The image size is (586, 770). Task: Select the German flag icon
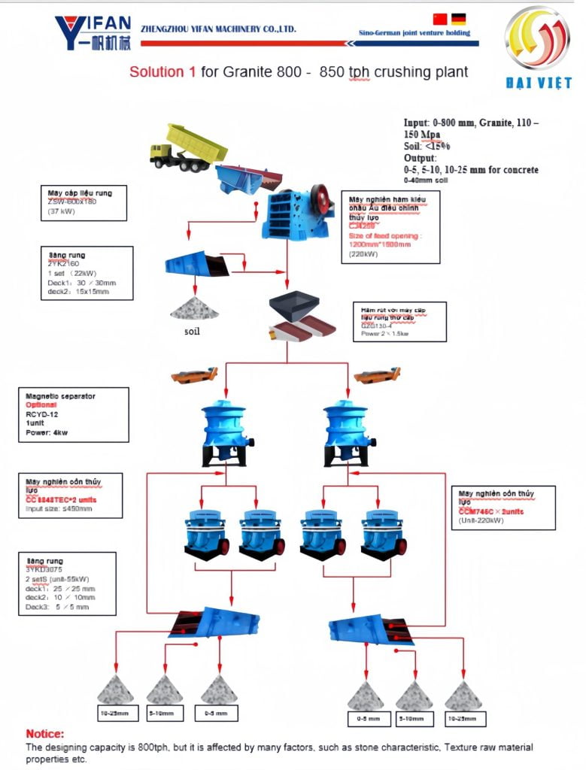tap(457, 20)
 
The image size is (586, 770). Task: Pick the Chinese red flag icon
tap(440, 20)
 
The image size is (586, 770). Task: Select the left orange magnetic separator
tap(194, 374)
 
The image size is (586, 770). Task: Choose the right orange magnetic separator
tap(375, 374)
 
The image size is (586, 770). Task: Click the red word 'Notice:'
tap(45, 733)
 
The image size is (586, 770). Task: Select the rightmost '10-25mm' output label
tap(463, 718)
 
